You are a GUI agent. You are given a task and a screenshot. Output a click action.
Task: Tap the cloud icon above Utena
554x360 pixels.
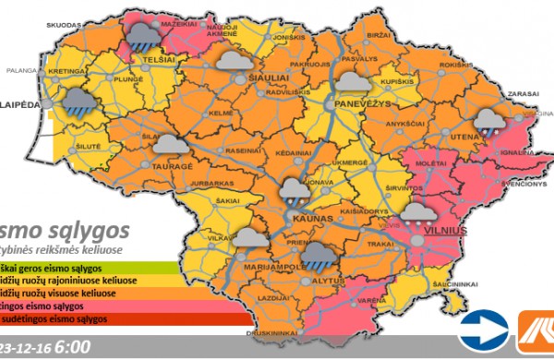click(488, 119)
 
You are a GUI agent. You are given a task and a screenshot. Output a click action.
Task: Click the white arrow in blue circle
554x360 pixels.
click(481, 326)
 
